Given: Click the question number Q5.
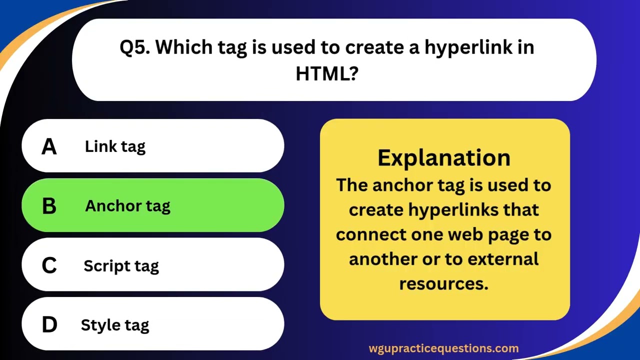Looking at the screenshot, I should pyautogui.click(x=135, y=47).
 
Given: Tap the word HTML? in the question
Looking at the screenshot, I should pyautogui.click(x=327, y=74).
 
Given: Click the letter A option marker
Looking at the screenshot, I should pyautogui.click(x=49, y=146).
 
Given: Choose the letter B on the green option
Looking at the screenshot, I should pyautogui.click(x=49, y=206).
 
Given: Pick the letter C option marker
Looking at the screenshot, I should pyautogui.click(x=49, y=265).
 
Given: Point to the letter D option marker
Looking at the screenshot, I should pyautogui.click(x=49, y=325).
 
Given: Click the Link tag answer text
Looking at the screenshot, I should pyautogui.click(x=115, y=146).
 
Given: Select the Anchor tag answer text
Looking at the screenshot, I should pyautogui.click(x=127, y=206).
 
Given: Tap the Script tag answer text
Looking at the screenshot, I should pyautogui.click(x=121, y=265).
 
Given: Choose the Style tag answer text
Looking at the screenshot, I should pyautogui.click(x=115, y=325).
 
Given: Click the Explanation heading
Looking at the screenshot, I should pyautogui.click(x=444, y=157).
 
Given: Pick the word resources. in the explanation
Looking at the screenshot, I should pyautogui.click(x=443, y=283).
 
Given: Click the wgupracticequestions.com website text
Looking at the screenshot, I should pyautogui.click(x=443, y=348).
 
